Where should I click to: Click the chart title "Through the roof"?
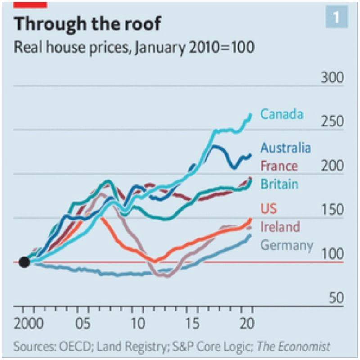tap(87, 24)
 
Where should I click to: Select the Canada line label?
tap(282, 114)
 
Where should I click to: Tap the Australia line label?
tap(285, 148)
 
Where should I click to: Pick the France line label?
tap(279, 166)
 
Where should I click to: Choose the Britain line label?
tap(279, 184)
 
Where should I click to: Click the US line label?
tap(269, 209)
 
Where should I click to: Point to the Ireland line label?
tap(280, 227)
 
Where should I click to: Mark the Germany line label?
tap(286, 245)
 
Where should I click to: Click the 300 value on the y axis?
tap(332, 78)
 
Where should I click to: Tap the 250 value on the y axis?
tap(332, 122)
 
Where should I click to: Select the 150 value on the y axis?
tap(332, 210)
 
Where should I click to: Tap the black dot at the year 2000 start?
tap(24, 262)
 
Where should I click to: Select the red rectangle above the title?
tap(31, 4)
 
